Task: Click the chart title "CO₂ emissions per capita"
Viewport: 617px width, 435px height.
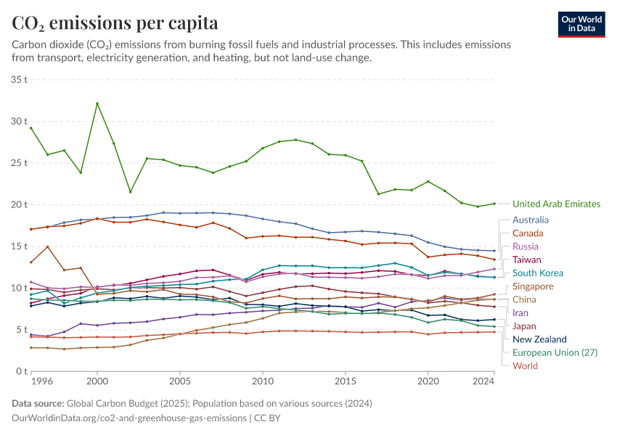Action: pos(115,22)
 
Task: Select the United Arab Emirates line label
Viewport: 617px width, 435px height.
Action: pos(556,204)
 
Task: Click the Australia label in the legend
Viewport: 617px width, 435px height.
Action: pos(530,220)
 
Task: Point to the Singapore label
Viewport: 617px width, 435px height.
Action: pos(533,286)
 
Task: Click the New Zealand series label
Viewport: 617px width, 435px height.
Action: pos(539,339)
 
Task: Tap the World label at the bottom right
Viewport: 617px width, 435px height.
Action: pos(525,365)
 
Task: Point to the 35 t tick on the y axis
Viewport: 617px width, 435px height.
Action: pos(20,79)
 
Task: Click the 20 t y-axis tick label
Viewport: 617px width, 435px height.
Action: pos(20,204)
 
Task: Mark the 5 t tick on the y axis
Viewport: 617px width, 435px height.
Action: pos(22,329)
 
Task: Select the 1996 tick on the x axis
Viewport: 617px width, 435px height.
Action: pos(41,381)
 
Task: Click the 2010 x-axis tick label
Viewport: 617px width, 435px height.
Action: pos(263,381)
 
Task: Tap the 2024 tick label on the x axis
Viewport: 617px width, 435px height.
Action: pos(485,381)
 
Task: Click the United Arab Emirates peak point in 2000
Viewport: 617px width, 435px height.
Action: pos(97,104)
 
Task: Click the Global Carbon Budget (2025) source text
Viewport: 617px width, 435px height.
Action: pos(128,403)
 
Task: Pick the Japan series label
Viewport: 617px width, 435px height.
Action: pos(525,326)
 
